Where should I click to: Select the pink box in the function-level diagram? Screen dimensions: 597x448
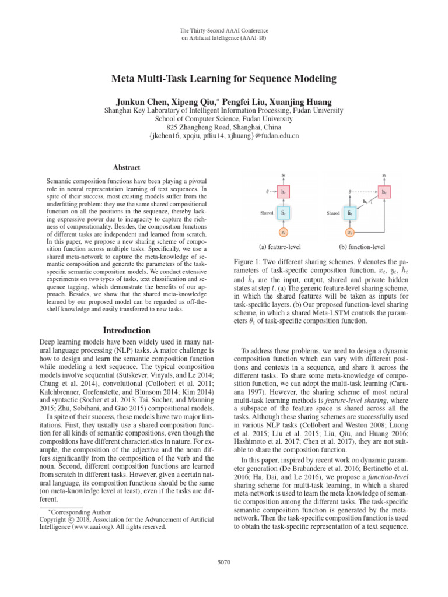click(384, 191)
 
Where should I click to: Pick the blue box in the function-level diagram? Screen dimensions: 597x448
click(350, 213)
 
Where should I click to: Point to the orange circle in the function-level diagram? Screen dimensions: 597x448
click(350, 233)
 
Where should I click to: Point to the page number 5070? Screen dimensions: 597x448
click(224, 562)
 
